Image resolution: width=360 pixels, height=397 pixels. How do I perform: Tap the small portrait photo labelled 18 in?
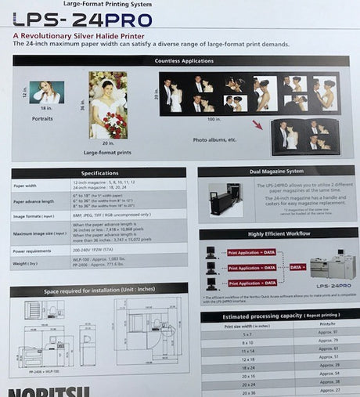click(x=47, y=92)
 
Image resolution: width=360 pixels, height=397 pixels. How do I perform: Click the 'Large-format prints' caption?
click(x=108, y=153)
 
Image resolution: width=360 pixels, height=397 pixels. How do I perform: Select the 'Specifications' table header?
click(x=99, y=172)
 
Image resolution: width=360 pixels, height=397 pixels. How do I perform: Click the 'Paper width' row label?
click(x=25, y=186)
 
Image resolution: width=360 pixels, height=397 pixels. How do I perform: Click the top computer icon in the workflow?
click(x=211, y=254)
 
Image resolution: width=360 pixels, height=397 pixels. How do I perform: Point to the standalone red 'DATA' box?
click(x=297, y=267)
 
